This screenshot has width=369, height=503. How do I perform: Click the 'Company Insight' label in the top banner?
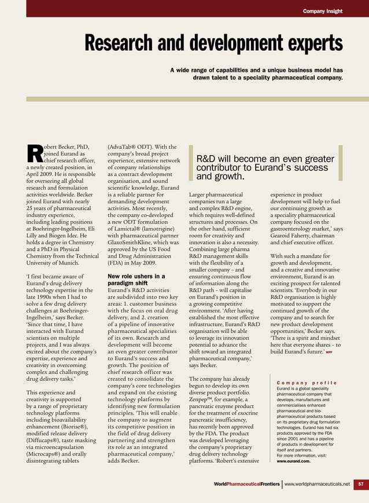click(322, 11)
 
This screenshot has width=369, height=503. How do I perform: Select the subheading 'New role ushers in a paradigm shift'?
click(136, 280)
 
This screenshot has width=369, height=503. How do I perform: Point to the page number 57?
click(360, 484)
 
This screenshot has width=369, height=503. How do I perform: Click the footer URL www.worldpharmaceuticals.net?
click(317, 484)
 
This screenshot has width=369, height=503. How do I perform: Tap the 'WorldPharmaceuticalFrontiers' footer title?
click(246, 484)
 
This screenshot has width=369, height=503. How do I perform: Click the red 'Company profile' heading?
click(307, 383)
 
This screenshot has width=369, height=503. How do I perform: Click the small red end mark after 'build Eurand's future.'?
click(329, 351)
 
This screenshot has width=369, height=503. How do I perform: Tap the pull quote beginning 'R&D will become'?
click(265, 167)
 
